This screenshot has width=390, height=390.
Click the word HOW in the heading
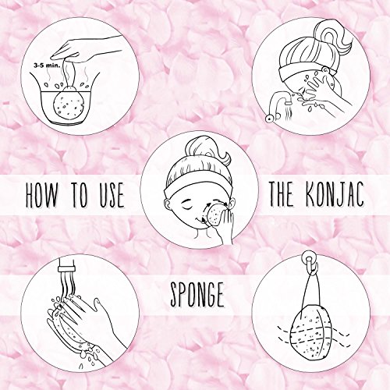coord(41,194)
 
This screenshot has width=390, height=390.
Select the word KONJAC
coord(335,194)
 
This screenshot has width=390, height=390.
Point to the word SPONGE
coord(197,295)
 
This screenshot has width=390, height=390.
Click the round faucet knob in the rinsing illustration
coord(269,118)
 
